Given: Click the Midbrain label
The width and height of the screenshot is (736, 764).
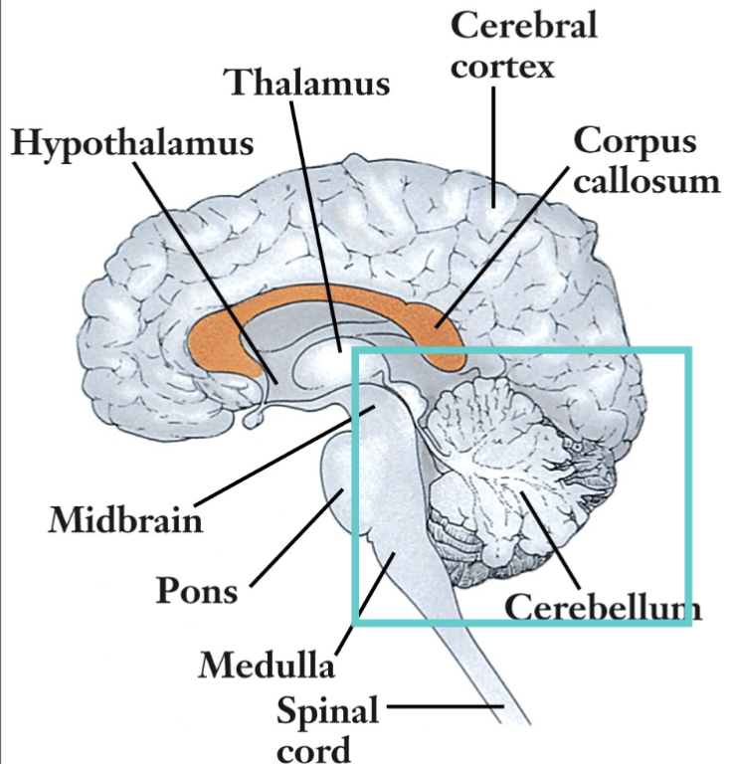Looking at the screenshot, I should pyautogui.click(x=126, y=518).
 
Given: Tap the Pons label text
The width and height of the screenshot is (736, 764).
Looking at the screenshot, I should pyautogui.click(x=197, y=590).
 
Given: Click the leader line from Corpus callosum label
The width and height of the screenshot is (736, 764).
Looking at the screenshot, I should pyautogui.click(x=497, y=249).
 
